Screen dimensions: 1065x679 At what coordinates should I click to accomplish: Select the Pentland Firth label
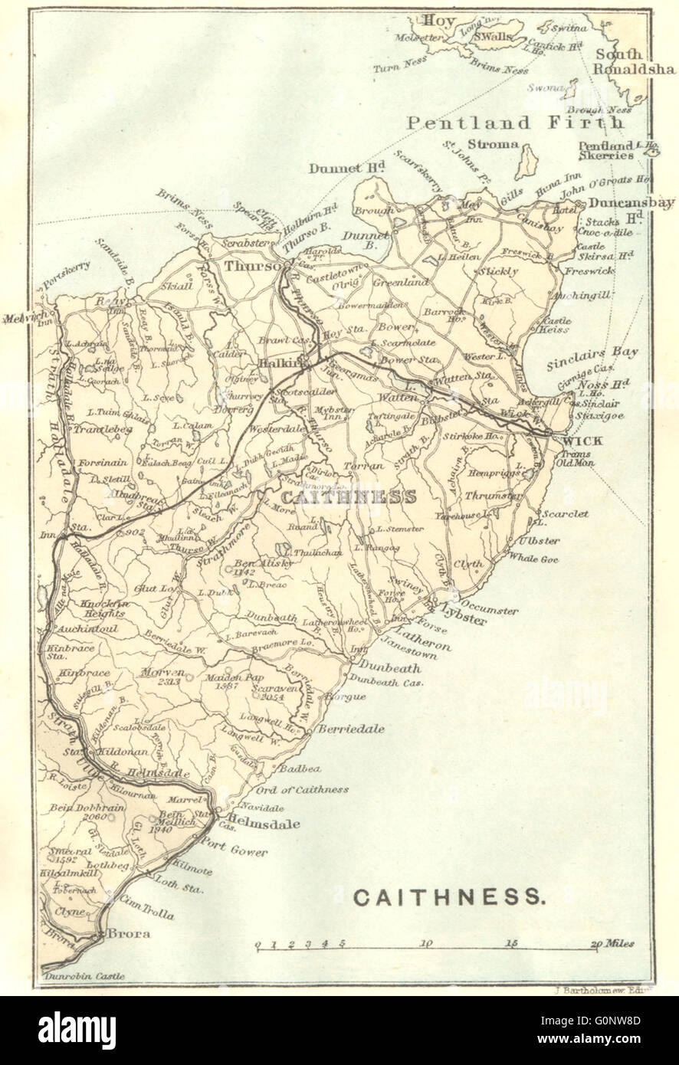515,123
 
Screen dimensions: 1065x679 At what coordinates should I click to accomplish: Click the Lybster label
464,621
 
